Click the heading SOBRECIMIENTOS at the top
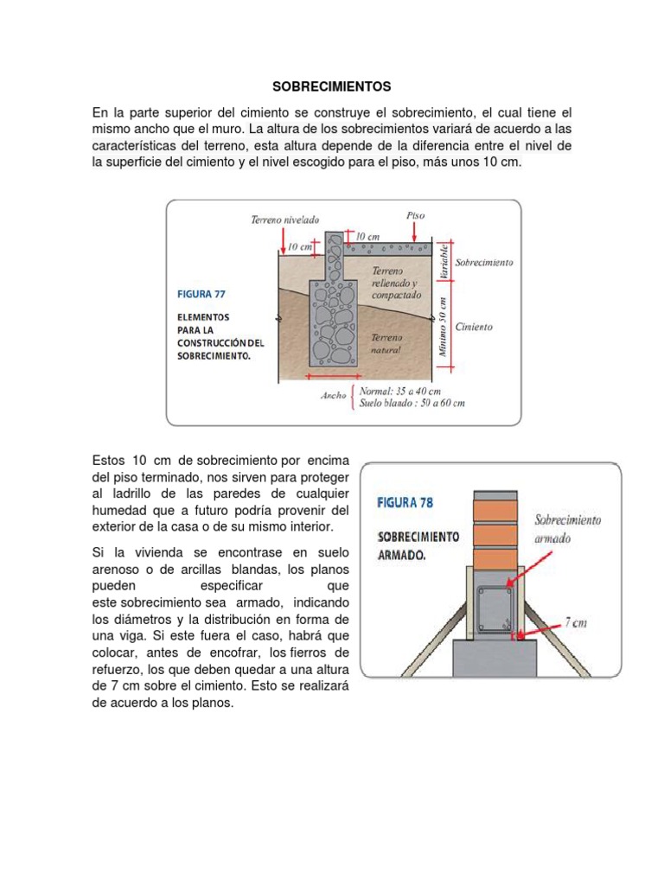[x=332, y=86]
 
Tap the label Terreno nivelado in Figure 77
[x=285, y=220]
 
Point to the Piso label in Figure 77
[x=415, y=214]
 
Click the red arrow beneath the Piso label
[x=415, y=232]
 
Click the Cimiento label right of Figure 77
[x=474, y=327]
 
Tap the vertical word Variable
[x=443, y=260]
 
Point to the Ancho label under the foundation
[x=334, y=397]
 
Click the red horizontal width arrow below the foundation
[x=323, y=376]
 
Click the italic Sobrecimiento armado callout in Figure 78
[x=568, y=527]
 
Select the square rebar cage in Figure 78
[x=495, y=609]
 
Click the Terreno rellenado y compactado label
[x=395, y=283]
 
